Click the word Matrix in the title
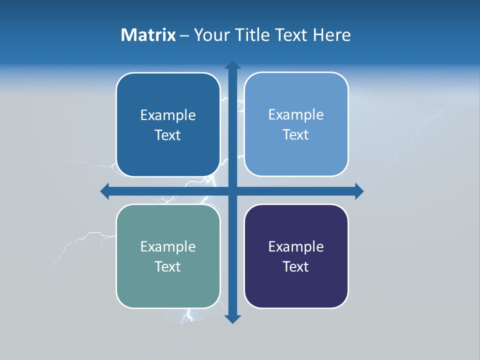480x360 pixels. [148, 35]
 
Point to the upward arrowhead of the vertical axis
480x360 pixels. [232, 65]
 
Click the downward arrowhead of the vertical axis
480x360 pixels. [232, 318]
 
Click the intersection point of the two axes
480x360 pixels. [232, 191]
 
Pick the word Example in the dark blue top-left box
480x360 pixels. [167, 115]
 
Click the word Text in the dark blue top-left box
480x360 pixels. [167, 135]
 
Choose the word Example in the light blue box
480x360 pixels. [296, 115]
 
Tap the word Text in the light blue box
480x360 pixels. [296, 134]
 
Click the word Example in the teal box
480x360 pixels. [167, 247]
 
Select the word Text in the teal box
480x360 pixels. [167, 266]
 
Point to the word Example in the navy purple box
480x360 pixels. [296, 247]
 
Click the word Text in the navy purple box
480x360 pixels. [296, 266]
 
